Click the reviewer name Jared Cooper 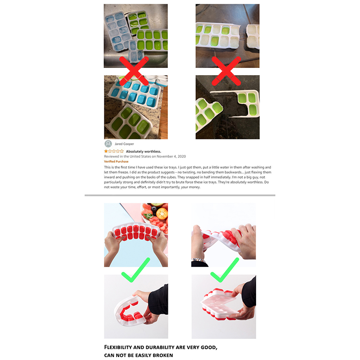tap(124, 144)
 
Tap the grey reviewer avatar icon tap(108, 144)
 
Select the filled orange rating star tap(106, 151)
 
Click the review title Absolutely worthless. tap(144, 151)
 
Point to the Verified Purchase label tap(116, 162)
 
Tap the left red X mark tap(134, 71)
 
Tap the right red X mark tap(226, 71)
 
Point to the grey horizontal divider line tap(180, 195)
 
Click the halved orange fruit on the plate tap(162, 214)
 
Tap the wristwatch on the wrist tap(198, 260)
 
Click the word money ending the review tap(194, 187)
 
